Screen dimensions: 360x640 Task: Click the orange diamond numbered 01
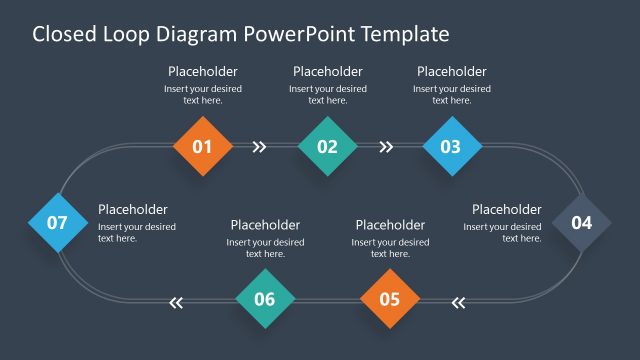202,147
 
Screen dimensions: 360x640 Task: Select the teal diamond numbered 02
327,147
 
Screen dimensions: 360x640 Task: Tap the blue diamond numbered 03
451,147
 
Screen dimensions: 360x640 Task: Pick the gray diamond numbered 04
581,223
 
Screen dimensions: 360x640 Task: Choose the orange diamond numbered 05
389,299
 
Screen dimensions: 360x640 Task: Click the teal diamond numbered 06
265,299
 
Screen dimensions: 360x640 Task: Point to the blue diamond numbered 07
57,222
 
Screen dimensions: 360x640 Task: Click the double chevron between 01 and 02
260,147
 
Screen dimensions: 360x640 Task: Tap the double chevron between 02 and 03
386,147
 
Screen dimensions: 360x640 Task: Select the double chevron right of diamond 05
459,301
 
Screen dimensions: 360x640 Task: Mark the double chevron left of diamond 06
177,301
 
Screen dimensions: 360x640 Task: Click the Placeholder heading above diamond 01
203,71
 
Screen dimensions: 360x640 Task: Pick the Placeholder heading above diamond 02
328,71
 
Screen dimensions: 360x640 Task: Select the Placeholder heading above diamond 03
452,71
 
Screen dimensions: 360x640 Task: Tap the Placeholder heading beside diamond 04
507,209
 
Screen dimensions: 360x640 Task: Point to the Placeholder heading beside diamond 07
133,209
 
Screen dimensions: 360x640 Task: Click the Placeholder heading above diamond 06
265,225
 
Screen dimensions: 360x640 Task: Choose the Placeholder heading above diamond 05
390,225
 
